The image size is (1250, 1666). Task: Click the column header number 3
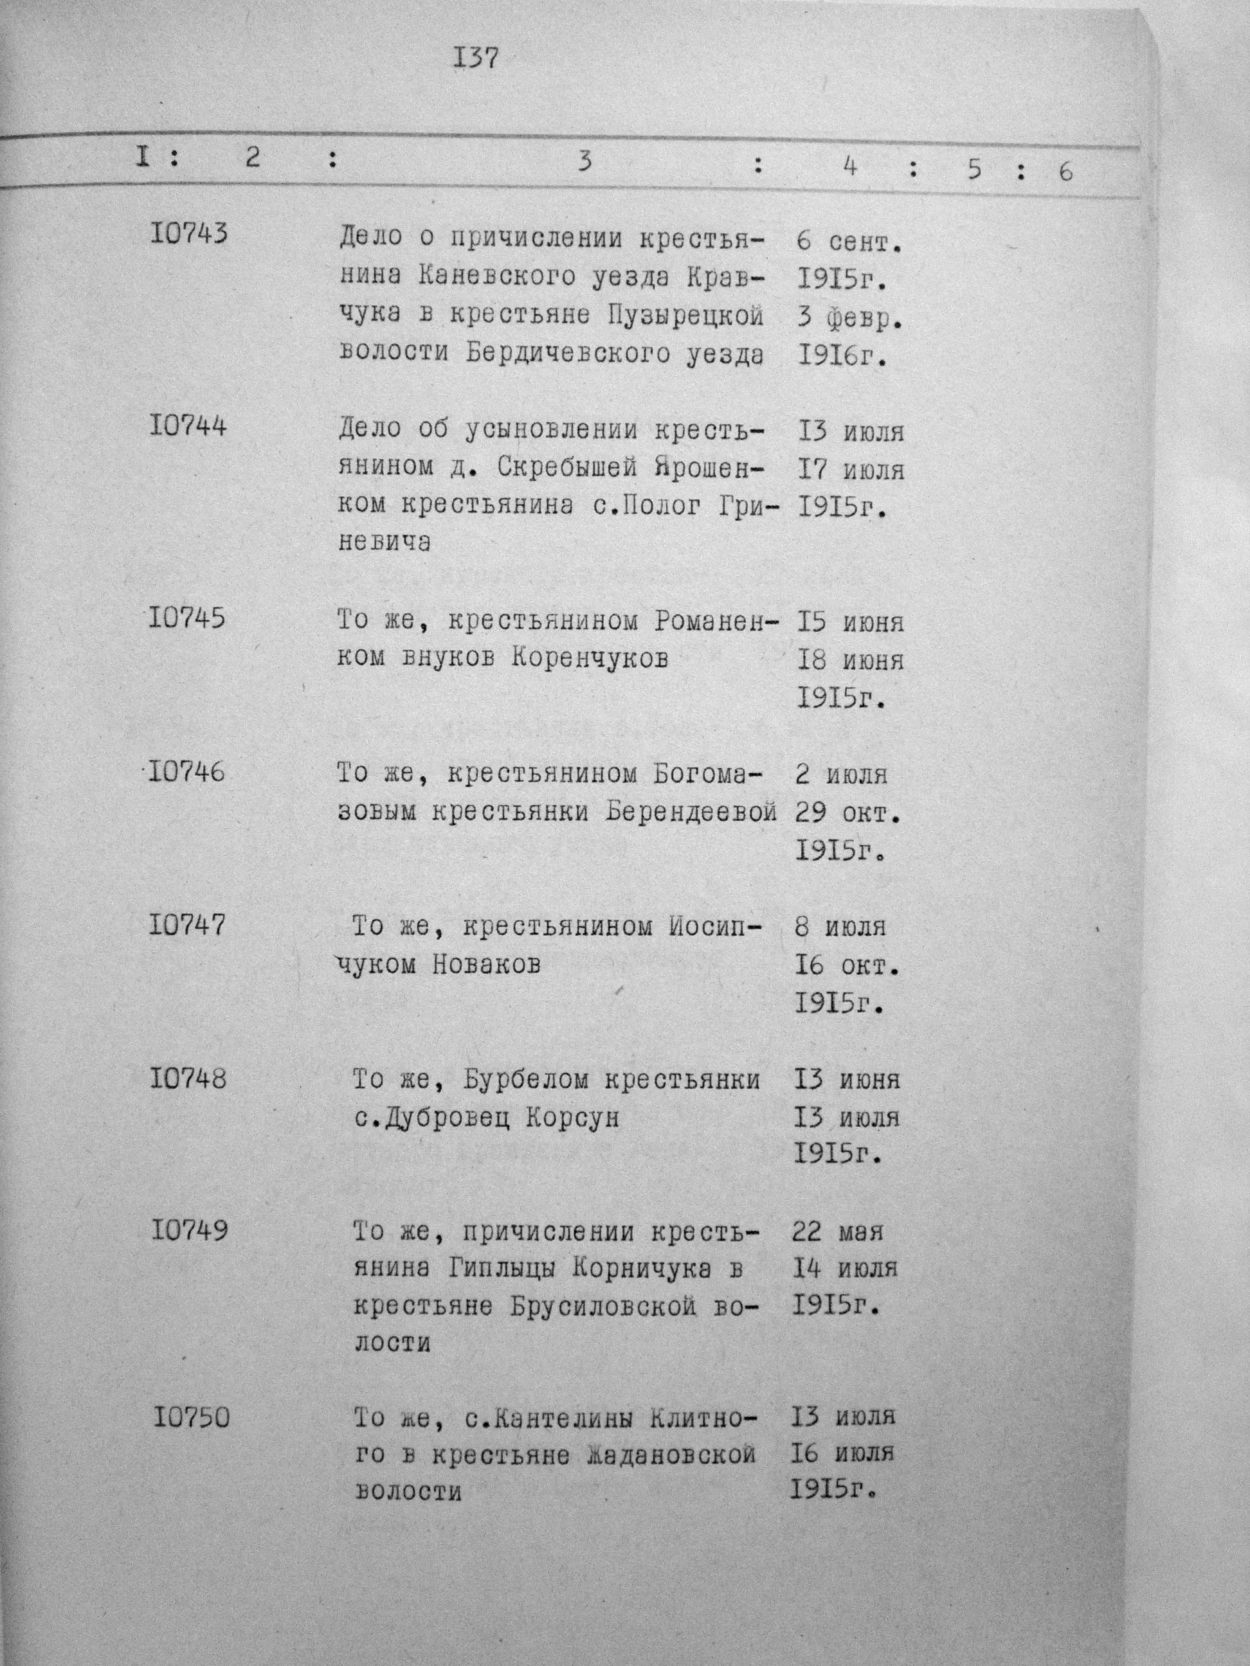pos(584,162)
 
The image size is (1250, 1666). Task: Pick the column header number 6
pos(1065,172)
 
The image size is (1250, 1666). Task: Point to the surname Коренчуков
pos(590,658)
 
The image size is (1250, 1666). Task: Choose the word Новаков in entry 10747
pos(487,964)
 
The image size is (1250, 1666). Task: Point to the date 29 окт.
pos(847,814)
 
